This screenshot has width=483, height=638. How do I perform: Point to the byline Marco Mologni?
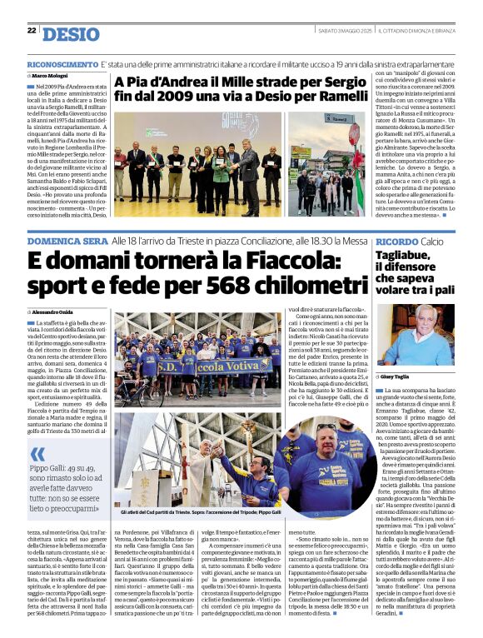pos(53,76)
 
